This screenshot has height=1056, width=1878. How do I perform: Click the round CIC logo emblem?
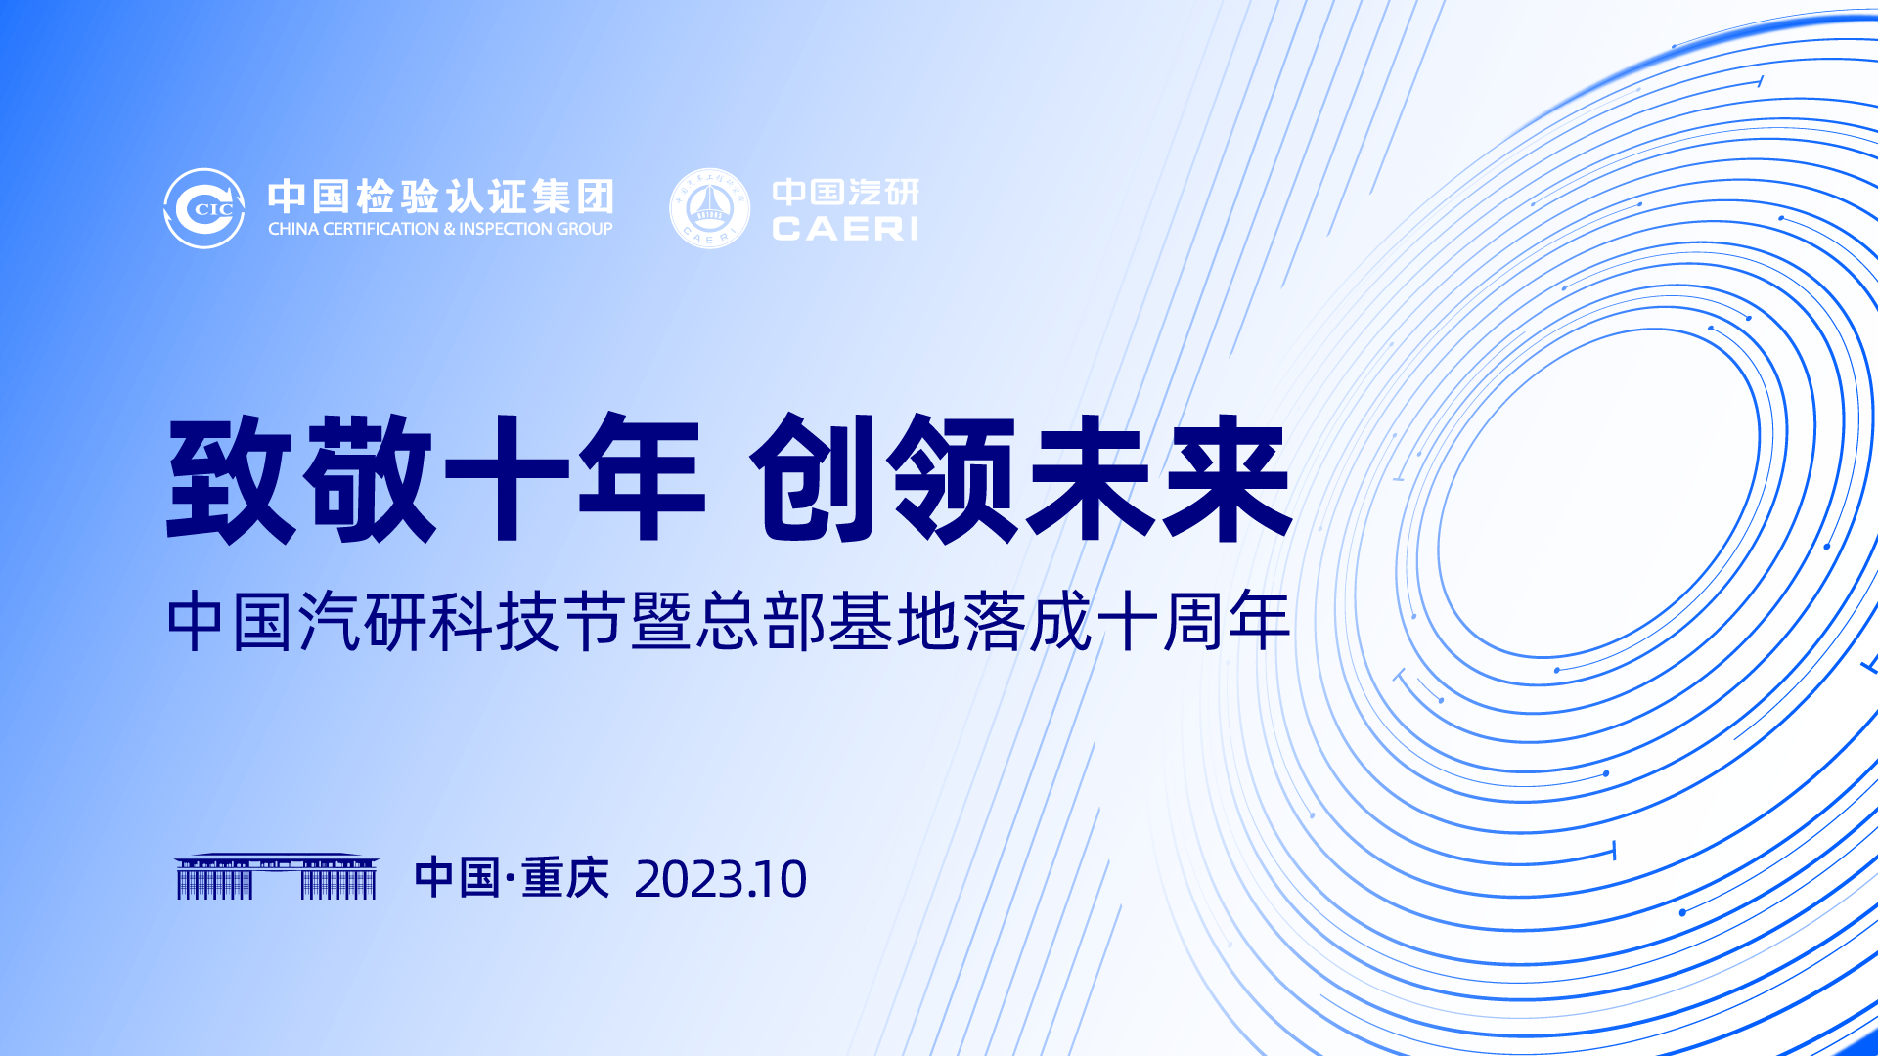coord(204,208)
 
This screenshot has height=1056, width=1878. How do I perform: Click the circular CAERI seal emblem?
coord(709,208)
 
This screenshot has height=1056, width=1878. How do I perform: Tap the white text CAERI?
coord(845,229)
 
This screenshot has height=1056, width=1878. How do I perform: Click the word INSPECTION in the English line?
coord(506,229)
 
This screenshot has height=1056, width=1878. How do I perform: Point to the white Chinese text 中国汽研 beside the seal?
coord(846,193)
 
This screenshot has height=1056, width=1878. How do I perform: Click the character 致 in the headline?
coord(231,478)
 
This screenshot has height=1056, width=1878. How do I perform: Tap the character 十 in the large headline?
coord(507,478)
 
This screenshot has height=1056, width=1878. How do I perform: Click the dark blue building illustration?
coord(277,876)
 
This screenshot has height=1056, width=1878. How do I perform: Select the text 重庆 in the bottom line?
coord(565,878)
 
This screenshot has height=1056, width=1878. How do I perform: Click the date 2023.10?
coord(721,879)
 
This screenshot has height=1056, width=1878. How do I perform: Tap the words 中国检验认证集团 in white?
coord(441,197)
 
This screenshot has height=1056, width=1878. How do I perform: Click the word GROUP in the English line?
coord(585,229)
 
